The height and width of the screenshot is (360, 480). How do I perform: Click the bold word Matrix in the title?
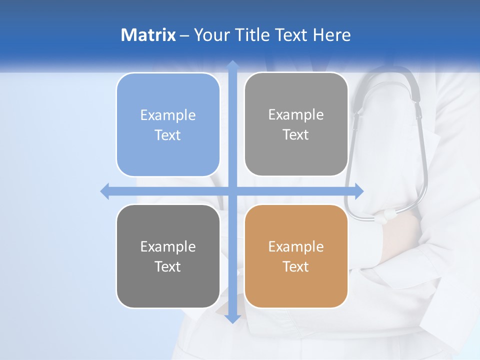point(148,34)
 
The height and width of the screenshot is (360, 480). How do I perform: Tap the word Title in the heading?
point(251,34)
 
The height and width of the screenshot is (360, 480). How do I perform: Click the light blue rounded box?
point(168,124)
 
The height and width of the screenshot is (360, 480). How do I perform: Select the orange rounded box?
point(296,256)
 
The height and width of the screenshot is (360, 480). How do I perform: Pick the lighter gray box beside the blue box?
point(296,124)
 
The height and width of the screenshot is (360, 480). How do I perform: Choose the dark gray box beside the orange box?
point(168,256)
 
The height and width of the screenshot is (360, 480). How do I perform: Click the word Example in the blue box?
point(168,115)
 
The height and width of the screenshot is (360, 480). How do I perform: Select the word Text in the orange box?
point(296,266)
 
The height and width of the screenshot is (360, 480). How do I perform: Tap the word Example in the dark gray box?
point(168,246)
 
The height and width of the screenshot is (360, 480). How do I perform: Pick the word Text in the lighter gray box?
point(296,135)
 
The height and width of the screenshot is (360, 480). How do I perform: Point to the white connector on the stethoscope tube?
point(387,215)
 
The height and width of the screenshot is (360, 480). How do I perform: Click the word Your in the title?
point(210,34)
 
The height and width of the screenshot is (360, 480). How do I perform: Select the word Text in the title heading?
point(291,34)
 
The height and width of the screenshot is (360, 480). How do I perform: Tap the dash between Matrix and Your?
point(184,34)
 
